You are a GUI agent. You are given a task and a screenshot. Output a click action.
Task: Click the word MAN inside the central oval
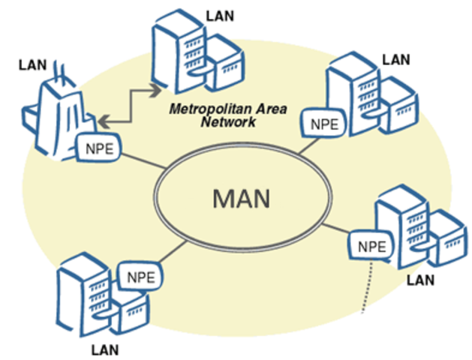pos(240,199)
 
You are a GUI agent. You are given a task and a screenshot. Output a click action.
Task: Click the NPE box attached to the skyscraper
pos(101,147)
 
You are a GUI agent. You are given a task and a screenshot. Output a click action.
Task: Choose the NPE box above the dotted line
pos(371,245)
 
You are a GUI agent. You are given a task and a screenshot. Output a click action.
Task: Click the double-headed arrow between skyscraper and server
pos(131,105)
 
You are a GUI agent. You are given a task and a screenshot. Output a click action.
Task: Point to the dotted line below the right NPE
pos(366,289)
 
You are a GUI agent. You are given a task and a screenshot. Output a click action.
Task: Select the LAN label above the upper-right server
pos(395,58)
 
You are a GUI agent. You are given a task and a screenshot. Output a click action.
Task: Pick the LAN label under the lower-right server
pos(419,280)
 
